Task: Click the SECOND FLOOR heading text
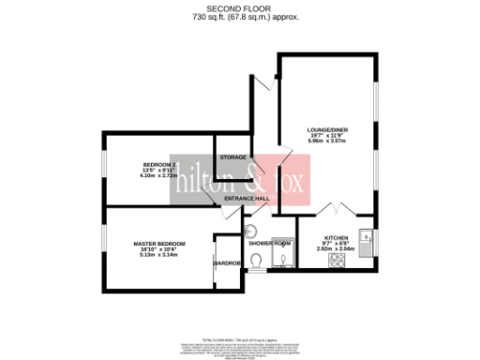(x=239, y=7)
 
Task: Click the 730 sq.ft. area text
(x=239, y=16)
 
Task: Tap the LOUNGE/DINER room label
(x=327, y=130)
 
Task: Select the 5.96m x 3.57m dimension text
(x=327, y=142)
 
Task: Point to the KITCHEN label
(x=336, y=238)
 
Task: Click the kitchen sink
(x=365, y=240)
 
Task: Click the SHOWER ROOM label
(x=266, y=243)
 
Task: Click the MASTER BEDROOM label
(x=158, y=244)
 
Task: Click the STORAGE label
(x=234, y=157)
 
